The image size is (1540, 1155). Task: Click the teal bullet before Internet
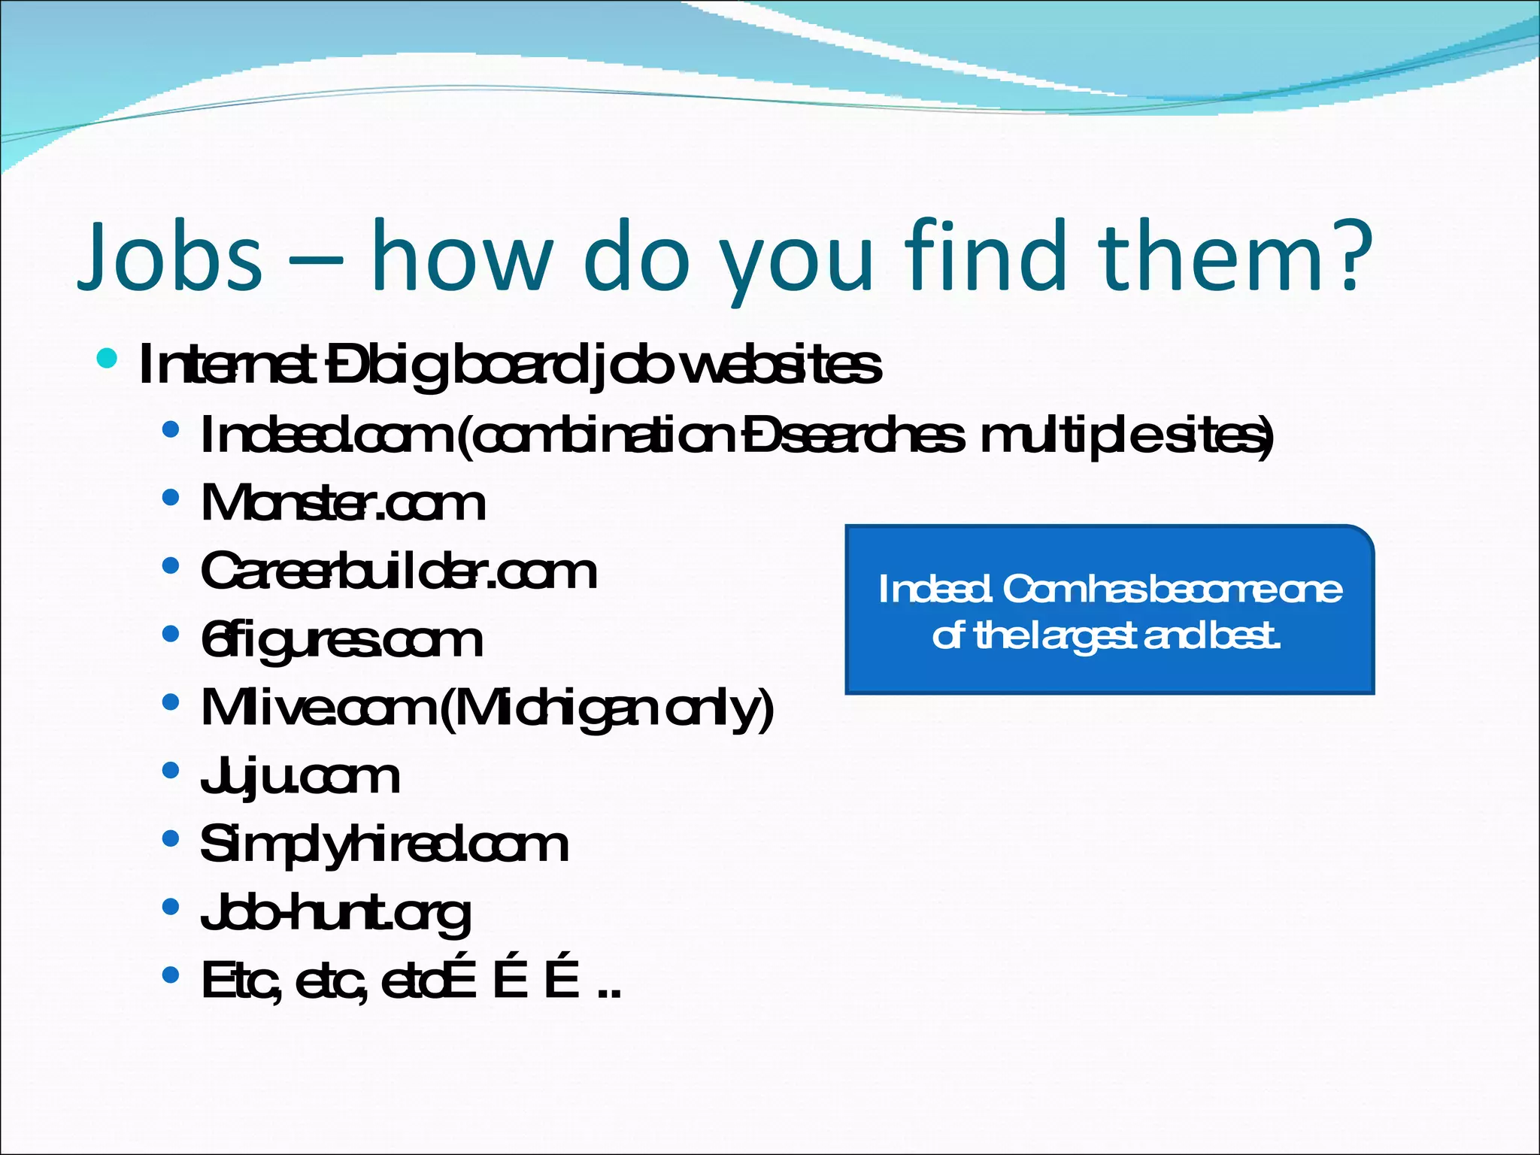pyautogui.click(x=107, y=358)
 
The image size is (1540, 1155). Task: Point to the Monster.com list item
pyautogui.click(x=343, y=503)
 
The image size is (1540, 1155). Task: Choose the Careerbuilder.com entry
pyautogui.click(x=399, y=571)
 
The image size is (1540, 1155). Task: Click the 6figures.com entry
pyautogui.click(x=341, y=641)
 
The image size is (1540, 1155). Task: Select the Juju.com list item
pyautogui.click(x=299, y=777)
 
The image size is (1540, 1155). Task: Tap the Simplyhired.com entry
pyautogui.click(x=383, y=844)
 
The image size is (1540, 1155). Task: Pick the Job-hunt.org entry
pyautogui.click(x=335, y=914)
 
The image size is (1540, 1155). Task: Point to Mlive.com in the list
pyautogui.click(x=320, y=708)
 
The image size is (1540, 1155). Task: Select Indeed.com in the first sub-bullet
pyautogui.click(x=327, y=435)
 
